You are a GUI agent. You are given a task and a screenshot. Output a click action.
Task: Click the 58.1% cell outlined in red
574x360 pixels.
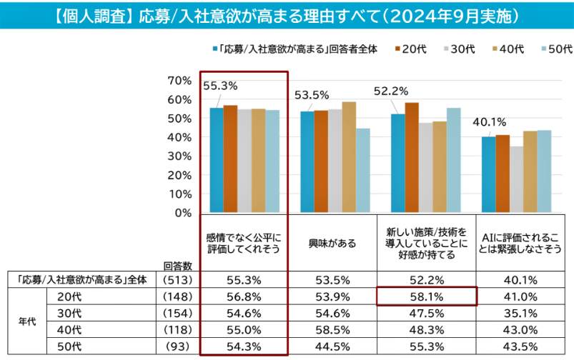(426, 295)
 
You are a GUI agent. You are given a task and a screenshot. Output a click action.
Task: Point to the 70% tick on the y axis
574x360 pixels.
(179, 81)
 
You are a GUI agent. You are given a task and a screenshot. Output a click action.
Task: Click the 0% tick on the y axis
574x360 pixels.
(183, 212)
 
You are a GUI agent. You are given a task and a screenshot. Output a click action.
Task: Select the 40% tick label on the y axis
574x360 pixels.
(179, 137)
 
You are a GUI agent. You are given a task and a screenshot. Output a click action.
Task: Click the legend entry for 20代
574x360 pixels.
(411, 49)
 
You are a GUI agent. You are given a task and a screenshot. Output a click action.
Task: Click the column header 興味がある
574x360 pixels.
(333, 244)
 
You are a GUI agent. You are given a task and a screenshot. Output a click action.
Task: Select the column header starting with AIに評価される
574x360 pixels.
(520, 244)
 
